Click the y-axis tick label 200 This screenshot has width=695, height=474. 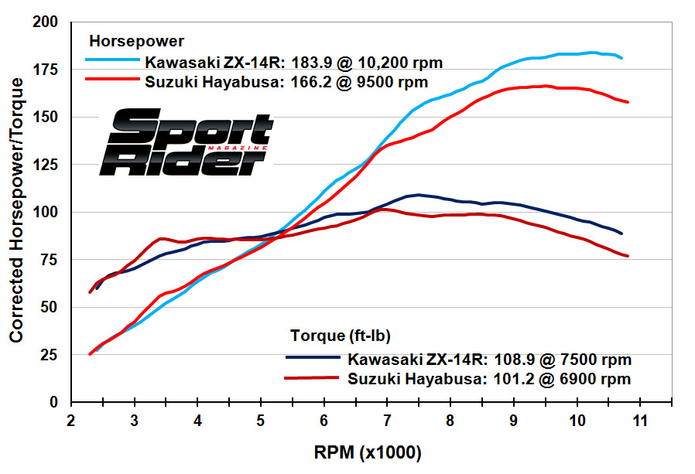(x=48, y=22)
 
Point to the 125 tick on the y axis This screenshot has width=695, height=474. (x=48, y=165)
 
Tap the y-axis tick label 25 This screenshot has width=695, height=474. (x=51, y=355)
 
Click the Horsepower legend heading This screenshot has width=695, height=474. (x=137, y=39)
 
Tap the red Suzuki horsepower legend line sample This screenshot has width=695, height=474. (x=111, y=79)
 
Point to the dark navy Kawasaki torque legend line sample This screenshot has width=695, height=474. (x=313, y=358)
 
